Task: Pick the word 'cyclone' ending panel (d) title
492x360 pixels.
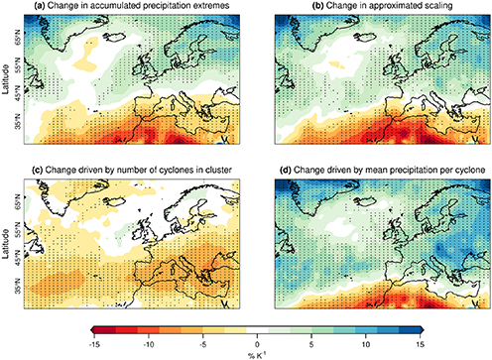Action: click(x=451, y=155)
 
